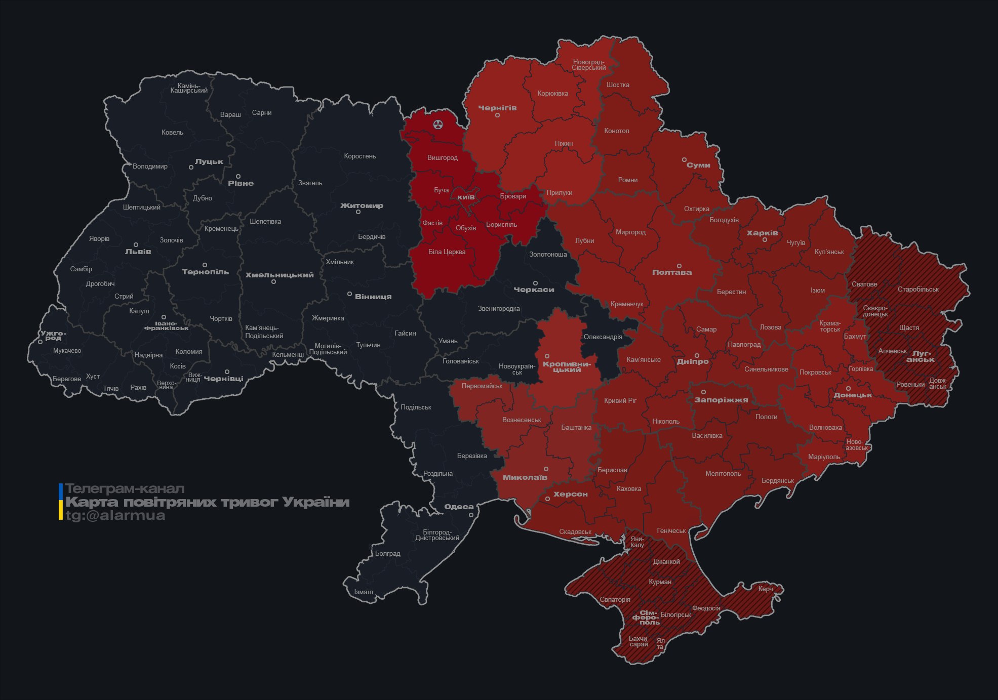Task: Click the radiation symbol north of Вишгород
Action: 438,124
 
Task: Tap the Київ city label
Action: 466,197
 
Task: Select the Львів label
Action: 138,252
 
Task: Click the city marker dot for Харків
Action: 765,240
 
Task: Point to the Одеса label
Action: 459,507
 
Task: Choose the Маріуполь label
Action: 824,457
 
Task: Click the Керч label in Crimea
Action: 766,589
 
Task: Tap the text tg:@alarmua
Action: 115,516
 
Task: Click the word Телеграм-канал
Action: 125,489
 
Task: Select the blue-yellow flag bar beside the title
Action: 61,502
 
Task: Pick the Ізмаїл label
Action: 363,592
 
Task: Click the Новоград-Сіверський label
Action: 589,65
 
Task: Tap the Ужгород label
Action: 53,336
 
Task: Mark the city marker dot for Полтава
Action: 679,266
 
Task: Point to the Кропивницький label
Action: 567,367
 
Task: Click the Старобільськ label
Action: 918,290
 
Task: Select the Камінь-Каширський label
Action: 189,88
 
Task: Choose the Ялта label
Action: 661,644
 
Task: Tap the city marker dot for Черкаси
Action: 535,283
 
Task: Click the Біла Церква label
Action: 447,252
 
